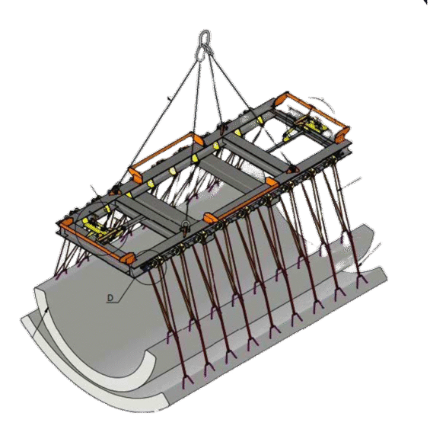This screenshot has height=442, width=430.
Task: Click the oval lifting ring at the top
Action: click(x=205, y=44)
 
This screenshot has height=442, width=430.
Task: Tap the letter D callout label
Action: click(x=110, y=298)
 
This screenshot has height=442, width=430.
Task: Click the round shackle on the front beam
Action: click(x=185, y=225)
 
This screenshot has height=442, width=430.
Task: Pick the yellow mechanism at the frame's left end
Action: click(x=99, y=229)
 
